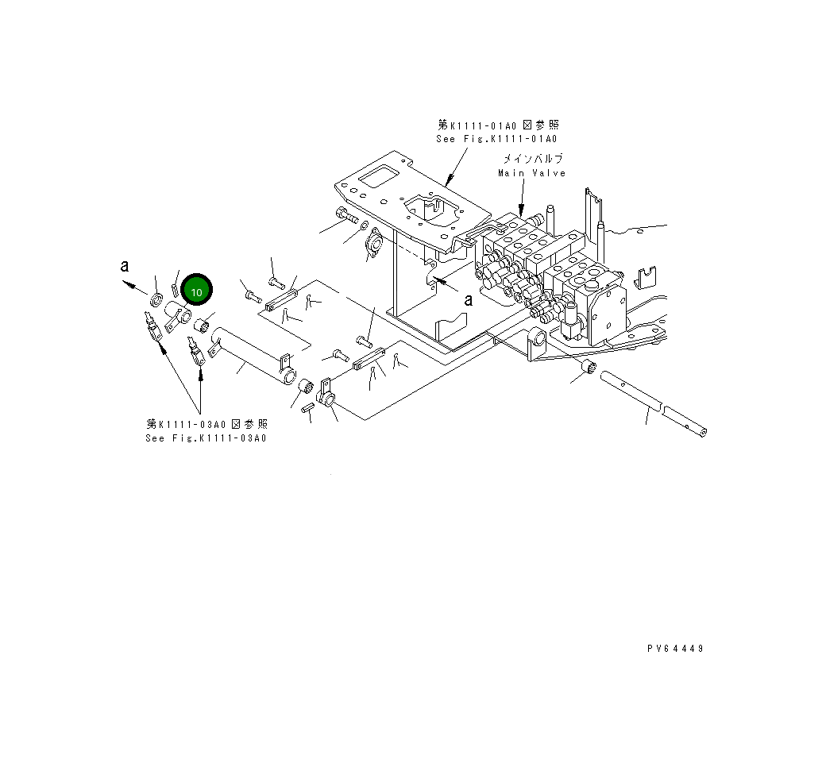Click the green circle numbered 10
click(x=196, y=291)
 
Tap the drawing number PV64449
click(x=675, y=649)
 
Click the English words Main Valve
click(x=531, y=173)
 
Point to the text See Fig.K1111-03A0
click(x=206, y=438)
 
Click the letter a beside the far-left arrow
click(x=125, y=267)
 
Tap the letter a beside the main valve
click(x=469, y=299)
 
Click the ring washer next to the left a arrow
click(x=156, y=300)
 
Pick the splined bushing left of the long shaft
click(x=589, y=368)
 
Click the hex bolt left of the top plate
click(x=345, y=214)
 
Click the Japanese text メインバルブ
click(x=531, y=159)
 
